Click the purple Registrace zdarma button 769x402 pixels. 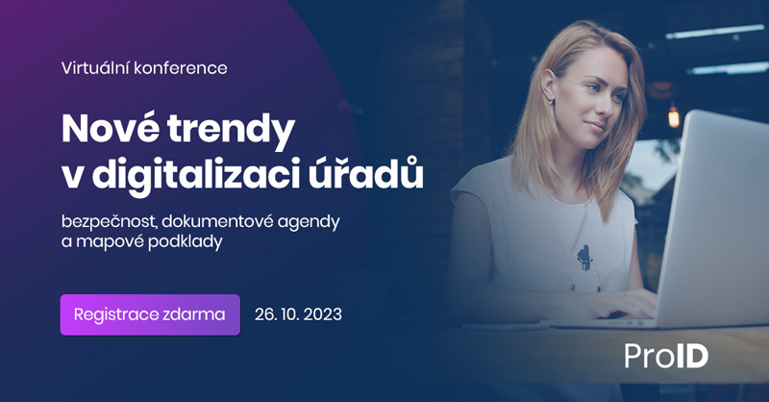[150, 314]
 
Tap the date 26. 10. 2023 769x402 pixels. [298, 314]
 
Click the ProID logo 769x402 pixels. [666, 356]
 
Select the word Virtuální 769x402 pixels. [95, 67]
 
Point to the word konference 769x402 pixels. [181, 67]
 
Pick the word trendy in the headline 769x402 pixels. [231, 131]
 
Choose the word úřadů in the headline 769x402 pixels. [366, 173]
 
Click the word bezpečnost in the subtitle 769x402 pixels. [109, 222]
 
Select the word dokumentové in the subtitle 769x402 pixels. [217, 222]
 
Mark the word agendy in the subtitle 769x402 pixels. [309, 224]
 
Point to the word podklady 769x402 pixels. [186, 242]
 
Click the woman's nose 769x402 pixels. [608, 106]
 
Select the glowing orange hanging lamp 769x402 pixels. [674, 116]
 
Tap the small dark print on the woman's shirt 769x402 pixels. [584, 258]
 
